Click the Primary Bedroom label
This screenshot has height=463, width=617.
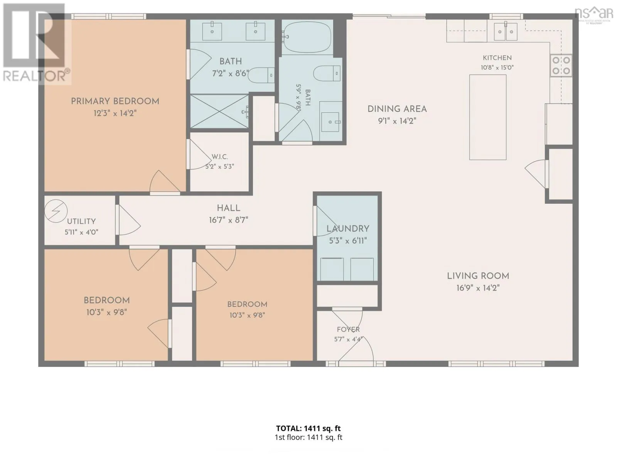(115, 101)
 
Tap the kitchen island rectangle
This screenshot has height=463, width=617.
(488, 117)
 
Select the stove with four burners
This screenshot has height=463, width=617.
(561, 66)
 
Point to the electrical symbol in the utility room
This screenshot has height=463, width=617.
(56, 211)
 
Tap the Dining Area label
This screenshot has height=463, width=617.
(397, 109)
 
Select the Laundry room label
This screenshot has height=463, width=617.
(348, 229)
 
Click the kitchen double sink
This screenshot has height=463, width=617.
(506, 32)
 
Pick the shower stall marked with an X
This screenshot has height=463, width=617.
(219, 112)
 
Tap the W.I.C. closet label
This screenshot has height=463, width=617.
(220, 157)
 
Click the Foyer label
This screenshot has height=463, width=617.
(348, 329)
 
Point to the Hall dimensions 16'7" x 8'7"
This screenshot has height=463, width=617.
(229, 220)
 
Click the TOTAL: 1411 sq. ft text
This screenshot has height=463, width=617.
(308, 428)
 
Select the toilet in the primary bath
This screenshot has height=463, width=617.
(261, 75)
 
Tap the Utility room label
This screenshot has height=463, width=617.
(81, 221)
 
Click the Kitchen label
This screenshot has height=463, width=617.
(497, 58)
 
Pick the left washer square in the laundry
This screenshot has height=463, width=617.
(332, 269)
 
